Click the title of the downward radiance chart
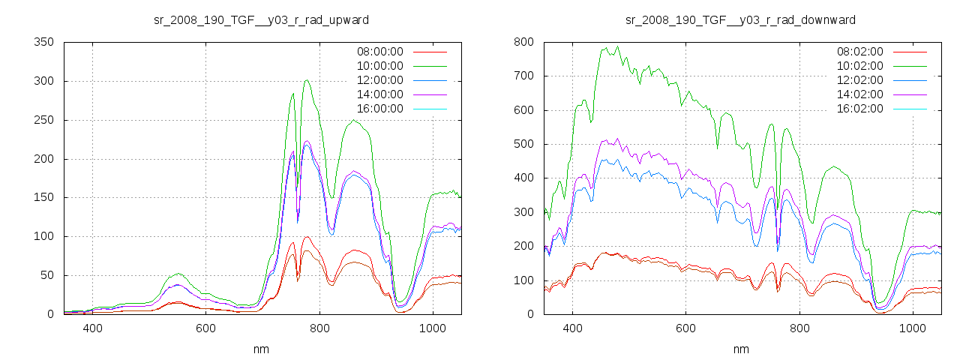coord(740,19)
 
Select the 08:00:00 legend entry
coord(379,52)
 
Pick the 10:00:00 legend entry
coord(379,66)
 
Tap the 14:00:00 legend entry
coord(379,94)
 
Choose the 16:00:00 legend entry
coord(379,109)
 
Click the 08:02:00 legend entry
coord(859,52)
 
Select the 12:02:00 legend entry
coord(859,80)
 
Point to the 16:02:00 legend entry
coord(859,109)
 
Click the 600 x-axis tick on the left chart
coord(206,328)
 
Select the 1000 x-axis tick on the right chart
coord(913,328)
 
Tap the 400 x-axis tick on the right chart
coord(572,328)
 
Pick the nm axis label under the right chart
coord(740,349)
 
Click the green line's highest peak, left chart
coord(307,80)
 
